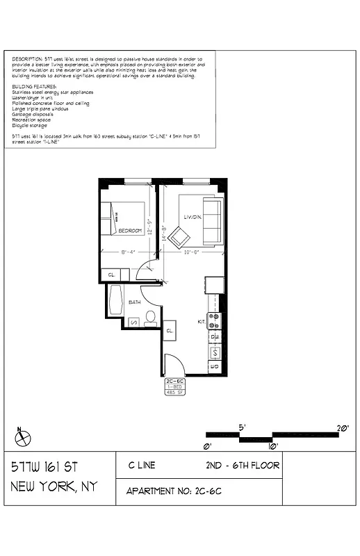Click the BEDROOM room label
[x=130, y=230]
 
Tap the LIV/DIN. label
[x=193, y=217]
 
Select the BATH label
[x=135, y=302]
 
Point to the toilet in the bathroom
[x=150, y=318]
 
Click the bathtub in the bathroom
[x=115, y=300]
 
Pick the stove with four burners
[x=215, y=320]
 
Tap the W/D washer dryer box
[x=215, y=366]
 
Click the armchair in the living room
[x=179, y=238]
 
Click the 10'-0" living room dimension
[x=193, y=252]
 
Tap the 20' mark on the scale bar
[x=342, y=429]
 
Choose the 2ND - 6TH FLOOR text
[x=243, y=465]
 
